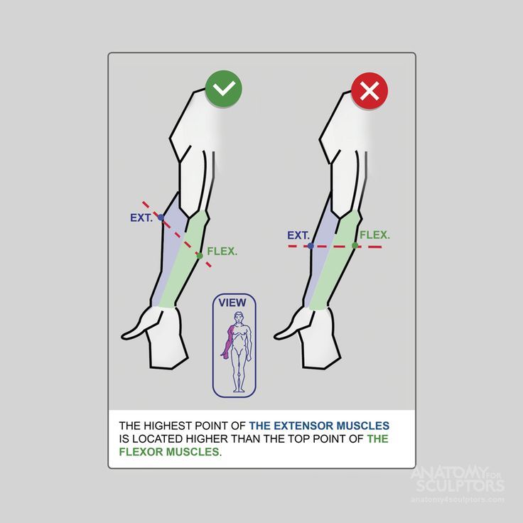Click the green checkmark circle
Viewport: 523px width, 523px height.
coord(223,89)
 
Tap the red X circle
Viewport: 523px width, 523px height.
coord(370,90)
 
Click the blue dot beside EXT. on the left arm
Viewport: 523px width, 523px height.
coord(161,217)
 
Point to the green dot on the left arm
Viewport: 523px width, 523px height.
coord(200,256)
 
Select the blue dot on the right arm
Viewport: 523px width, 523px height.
coord(311,246)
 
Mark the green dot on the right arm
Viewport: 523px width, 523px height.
coord(355,245)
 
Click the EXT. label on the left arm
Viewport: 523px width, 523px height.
coord(141,218)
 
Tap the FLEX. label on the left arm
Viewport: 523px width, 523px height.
coord(222,251)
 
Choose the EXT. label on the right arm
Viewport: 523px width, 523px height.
coord(298,235)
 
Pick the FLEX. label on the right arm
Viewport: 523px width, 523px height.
coord(374,235)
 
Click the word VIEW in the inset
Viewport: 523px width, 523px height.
coord(232,303)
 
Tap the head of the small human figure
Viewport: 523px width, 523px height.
coord(238,317)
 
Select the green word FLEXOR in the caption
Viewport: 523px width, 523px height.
coord(141,452)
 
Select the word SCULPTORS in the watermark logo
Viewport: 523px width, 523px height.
coord(460,485)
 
